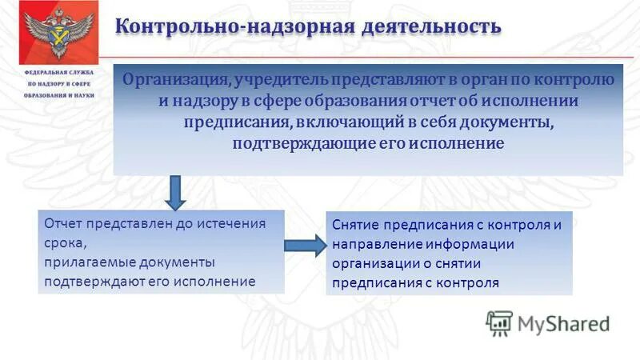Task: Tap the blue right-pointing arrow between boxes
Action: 305,245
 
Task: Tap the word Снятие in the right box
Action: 354,225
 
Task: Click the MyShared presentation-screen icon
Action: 499,323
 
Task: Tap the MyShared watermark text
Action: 563,324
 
